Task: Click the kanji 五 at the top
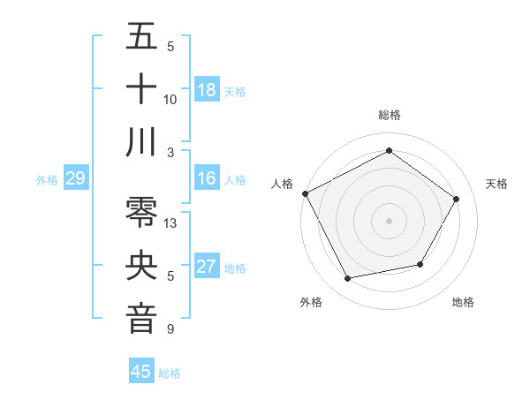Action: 141,36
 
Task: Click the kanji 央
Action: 141,266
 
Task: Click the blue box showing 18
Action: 207,89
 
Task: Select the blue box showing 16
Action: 207,178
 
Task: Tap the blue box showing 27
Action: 207,267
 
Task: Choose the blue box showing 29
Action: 75,178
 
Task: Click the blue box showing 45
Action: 141,372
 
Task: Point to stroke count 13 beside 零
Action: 171,223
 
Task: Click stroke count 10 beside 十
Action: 170,99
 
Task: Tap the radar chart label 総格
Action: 389,115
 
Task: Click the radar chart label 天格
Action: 497,184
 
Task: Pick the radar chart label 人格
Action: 283,184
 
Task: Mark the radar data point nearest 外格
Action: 348,279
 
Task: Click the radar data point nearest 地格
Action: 420,264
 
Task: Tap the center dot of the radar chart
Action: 389,220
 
